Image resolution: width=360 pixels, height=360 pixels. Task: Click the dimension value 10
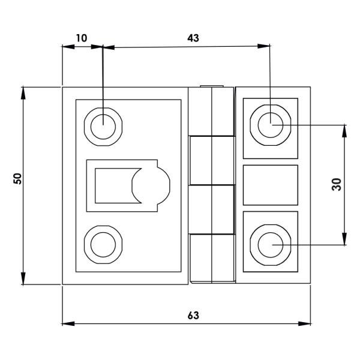(x=82, y=38)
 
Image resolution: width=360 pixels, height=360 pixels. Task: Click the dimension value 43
(x=193, y=38)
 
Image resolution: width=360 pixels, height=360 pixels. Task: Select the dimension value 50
(x=17, y=178)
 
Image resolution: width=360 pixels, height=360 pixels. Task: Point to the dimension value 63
(x=193, y=315)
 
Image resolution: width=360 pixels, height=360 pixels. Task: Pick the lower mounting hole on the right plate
(x=271, y=245)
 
